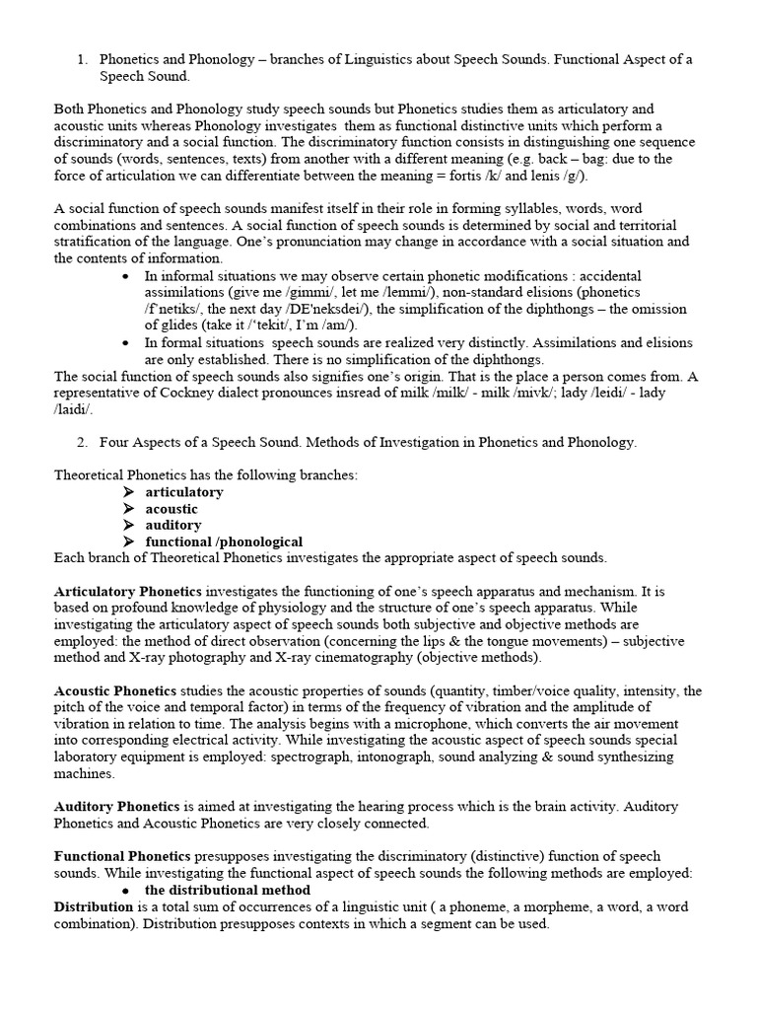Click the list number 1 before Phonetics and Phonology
click(82, 60)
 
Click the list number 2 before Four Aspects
click(82, 442)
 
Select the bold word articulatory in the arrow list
click(184, 492)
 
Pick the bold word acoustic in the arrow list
click(172, 509)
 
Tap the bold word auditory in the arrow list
click(173, 526)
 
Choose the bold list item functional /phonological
click(224, 542)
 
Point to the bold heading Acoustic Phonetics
click(115, 691)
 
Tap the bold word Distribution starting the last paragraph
click(93, 906)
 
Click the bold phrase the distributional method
click(228, 890)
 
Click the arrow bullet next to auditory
click(128, 526)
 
